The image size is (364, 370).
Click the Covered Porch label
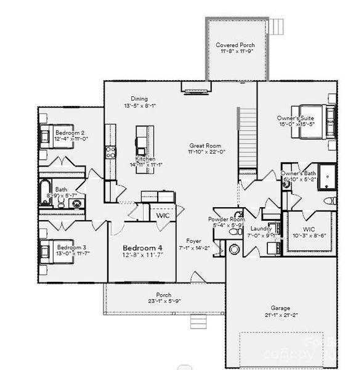[x=236, y=45]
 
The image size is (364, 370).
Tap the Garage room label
[x=280, y=308]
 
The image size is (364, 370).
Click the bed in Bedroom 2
[x=47, y=135]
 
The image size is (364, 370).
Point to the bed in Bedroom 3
[x=47, y=252]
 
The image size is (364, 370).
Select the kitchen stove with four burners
[x=110, y=152]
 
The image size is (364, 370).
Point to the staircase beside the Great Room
[x=246, y=137]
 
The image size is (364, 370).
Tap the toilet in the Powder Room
[x=234, y=249]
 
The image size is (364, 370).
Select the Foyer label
[x=193, y=241]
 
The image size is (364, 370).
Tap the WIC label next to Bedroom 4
[x=163, y=216]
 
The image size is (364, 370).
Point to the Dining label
[x=139, y=99]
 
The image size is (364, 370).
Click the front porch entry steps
[x=198, y=322]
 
